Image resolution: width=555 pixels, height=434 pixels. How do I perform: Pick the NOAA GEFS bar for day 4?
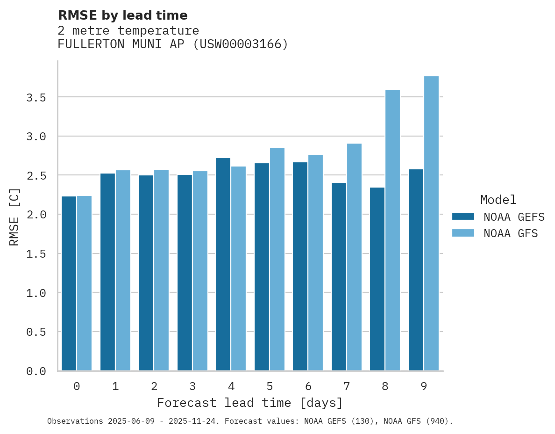223,264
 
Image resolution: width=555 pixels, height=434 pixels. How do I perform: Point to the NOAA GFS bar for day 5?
277,259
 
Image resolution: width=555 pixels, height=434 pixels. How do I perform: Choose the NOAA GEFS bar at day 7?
339,276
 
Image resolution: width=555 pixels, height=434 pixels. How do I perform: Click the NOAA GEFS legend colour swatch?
463,217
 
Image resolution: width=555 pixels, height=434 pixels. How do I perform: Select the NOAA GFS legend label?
511,233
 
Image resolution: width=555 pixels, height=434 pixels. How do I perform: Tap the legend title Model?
498,200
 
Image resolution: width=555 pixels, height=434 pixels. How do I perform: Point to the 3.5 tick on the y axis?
36,97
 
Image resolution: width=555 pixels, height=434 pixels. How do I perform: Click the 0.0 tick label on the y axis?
36,371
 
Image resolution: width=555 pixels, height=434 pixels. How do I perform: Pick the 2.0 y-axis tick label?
36,215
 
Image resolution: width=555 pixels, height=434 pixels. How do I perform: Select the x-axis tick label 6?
308,386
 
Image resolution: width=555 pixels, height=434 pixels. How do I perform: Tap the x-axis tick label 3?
192,386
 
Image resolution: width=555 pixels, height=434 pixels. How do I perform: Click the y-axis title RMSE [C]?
14,217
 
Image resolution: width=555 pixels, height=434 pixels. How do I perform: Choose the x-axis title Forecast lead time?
250,403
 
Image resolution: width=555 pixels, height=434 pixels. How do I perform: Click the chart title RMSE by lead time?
122,15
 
